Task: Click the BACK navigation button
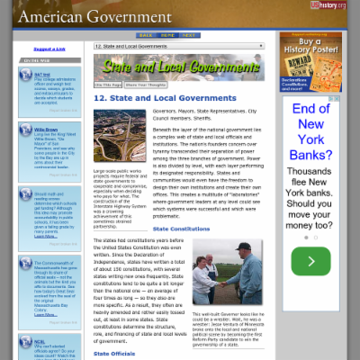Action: (146, 36)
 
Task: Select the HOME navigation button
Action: (167, 36)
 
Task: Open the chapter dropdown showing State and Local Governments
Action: (179, 45)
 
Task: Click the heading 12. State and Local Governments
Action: (166, 98)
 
